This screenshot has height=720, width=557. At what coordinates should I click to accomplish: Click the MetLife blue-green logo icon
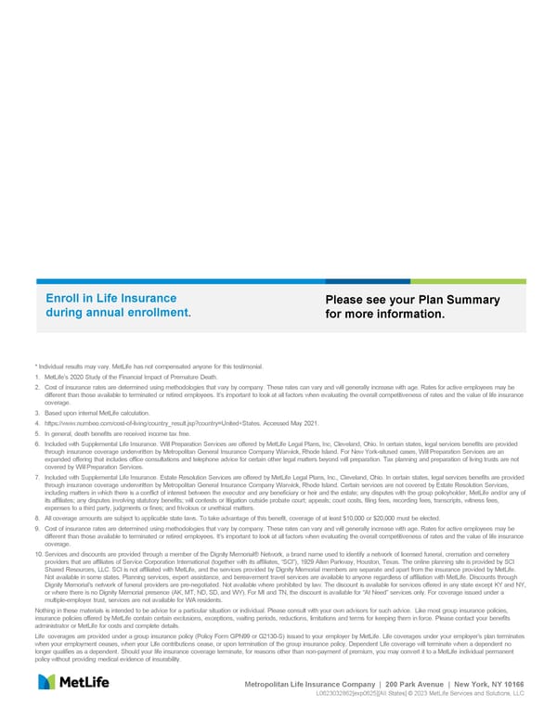tap(51, 683)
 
